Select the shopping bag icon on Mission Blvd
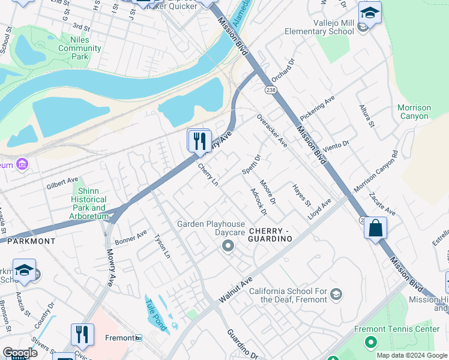[x=375, y=229]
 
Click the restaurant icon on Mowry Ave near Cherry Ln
[x=199, y=142]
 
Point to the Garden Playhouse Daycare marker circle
[x=228, y=245]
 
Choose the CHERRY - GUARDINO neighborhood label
[x=270, y=235]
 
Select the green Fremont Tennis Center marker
[x=370, y=342]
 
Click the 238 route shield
[x=271, y=89]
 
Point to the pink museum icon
[x=23, y=164]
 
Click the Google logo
[x=20, y=352]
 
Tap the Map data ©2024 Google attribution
[x=412, y=355]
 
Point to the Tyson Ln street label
[x=163, y=246]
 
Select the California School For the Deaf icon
[x=336, y=295]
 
